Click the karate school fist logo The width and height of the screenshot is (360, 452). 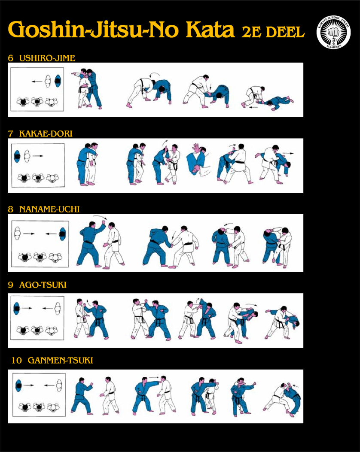click(x=333, y=32)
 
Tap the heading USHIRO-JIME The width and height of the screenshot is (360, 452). click(x=47, y=58)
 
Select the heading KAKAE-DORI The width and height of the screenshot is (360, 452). click(x=46, y=134)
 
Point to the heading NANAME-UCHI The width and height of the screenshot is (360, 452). click(x=49, y=209)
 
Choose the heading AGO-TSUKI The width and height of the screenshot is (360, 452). click(x=43, y=285)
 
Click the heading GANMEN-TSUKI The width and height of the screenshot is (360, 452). click(x=60, y=361)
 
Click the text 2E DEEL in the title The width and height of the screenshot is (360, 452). click(x=273, y=31)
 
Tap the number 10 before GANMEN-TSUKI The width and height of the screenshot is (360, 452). click(x=16, y=361)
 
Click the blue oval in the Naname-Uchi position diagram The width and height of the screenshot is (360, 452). click(x=62, y=234)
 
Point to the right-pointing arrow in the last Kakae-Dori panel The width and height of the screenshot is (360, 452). click(x=288, y=153)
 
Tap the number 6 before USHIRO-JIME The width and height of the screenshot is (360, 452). click(x=11, y=58)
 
